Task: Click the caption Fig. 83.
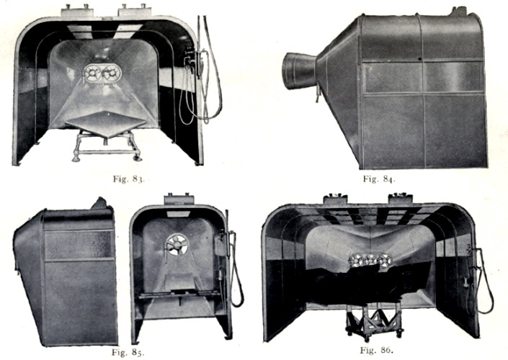pyautogui.click(x=128, y=179)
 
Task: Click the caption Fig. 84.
pyautogui.click(x=379, y=179)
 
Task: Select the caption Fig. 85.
pyautogui.click(x=128, y=352)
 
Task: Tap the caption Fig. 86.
pyautogui.click(x=376, y=350)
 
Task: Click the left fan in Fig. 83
pyautogui.click(x=93, y=73)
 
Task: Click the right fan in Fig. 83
pyautogui.click(x=112, y=73)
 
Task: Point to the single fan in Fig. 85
pyautogui.click(x=177, y=244)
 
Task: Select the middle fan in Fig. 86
pyautogui.click(x=370, y=261)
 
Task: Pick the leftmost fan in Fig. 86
pyautogui.click(x=356, y=261)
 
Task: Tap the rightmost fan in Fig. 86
pyautogui.click(x=385, y=261)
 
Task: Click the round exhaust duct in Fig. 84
pyautogui.click(x=299, y=71)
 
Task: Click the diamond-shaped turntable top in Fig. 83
pyautogui.click(x=106, y=122)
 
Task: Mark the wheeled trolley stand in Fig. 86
pyautogui.click(x=375, y=321)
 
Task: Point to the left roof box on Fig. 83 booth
pyautogui.click(x=77, y=12)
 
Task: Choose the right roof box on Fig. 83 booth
pyautogui.click(x=135, y=12)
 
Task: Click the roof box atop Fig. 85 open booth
pyautogui.click(x=179, y=199)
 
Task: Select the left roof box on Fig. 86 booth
pyautogui.click(x=335, y=199)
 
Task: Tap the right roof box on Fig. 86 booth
pyautogui.click(x=401, y=199)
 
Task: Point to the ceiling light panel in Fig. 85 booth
pyautogui.click(x=178, y=214)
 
